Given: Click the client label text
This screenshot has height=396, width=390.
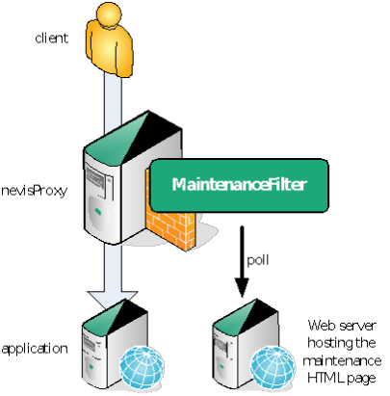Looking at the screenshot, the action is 51,39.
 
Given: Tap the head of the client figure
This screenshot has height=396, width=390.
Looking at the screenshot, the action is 109,14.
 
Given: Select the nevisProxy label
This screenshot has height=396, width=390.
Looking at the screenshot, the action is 34,191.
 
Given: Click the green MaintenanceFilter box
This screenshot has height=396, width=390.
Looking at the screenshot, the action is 240,185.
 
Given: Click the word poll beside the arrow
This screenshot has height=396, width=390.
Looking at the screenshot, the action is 258,259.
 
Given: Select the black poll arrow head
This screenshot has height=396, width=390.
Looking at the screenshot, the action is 242,288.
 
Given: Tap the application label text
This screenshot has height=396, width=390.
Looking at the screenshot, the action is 35,349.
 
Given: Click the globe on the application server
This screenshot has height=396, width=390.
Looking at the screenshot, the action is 143,367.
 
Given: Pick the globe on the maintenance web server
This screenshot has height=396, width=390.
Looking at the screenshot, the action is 273,368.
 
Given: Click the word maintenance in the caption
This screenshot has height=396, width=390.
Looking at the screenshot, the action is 342,360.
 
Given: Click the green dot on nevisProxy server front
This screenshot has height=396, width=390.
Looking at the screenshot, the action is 97,211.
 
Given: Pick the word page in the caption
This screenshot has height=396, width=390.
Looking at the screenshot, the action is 361,379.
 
